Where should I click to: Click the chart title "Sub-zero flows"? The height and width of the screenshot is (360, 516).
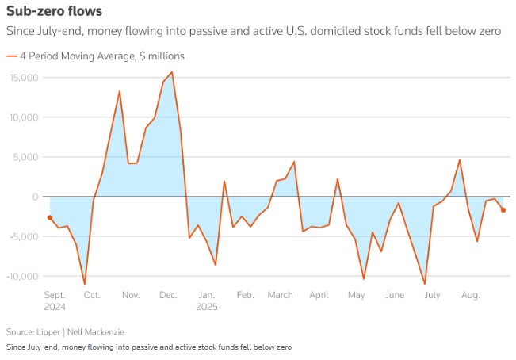point(54,12)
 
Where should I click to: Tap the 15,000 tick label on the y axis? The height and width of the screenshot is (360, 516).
point(25,77)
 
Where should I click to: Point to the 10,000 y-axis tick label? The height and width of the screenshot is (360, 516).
point(25,117)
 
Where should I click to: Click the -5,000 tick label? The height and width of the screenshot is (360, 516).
point(25,236)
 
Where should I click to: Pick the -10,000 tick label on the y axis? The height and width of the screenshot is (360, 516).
point(23,275)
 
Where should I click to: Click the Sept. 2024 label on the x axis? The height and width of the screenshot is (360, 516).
point(55,301)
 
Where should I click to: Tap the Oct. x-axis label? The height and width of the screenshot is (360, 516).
point(92,295)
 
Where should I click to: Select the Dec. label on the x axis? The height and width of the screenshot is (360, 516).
point(168,295)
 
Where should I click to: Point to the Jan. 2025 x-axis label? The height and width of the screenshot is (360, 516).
point(206,301)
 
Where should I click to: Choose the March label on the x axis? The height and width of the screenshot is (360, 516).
point(280,295)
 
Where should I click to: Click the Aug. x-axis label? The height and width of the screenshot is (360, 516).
point(471,295)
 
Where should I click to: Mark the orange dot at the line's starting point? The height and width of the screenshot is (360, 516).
point(50,217)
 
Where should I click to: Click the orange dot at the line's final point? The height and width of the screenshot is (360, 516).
point(503,210)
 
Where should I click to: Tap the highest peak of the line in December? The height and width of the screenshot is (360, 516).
point(172,72)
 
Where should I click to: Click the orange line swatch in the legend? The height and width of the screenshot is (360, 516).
point(11,56)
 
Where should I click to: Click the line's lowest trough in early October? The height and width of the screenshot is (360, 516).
point(85,284)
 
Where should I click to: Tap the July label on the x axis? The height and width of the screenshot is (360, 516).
point(433,295)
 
